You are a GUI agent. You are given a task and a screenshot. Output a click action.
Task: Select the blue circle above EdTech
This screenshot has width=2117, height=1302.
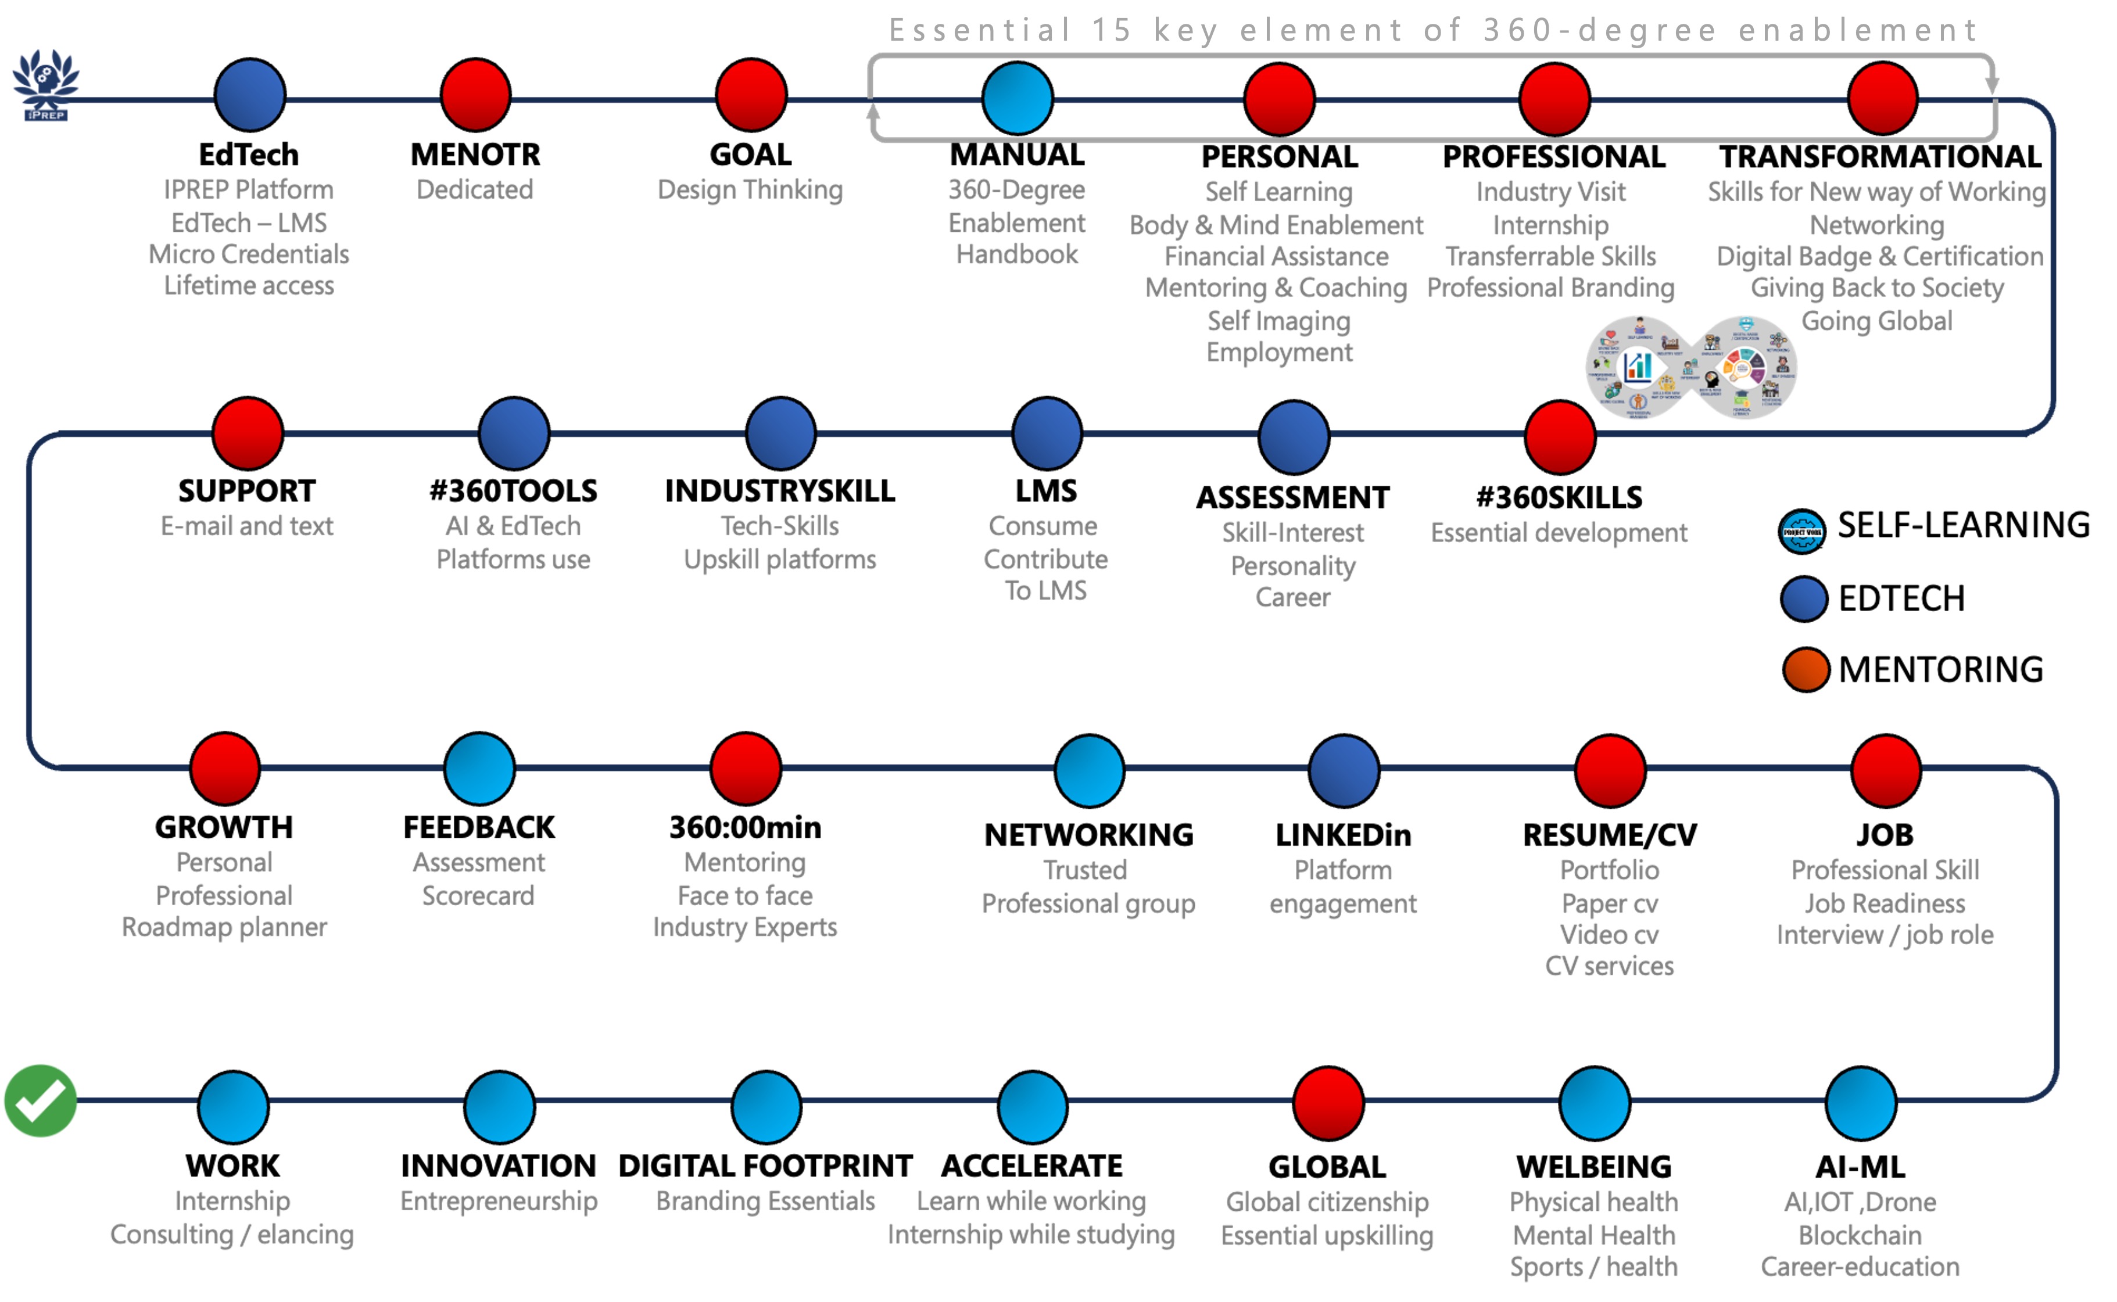250,95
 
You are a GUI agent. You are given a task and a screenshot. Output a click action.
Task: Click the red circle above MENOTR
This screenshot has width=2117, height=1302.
475,95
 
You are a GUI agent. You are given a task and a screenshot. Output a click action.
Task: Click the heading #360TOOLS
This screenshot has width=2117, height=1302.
513,491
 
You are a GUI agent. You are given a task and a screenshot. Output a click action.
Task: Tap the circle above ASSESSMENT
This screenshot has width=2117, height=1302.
1293,436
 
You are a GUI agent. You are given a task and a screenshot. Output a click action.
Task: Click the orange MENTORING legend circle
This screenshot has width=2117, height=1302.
1805,670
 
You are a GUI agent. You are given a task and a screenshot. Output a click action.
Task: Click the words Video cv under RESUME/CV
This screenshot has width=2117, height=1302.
1609,934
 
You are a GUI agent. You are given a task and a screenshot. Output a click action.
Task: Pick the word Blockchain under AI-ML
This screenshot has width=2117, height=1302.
1860,1235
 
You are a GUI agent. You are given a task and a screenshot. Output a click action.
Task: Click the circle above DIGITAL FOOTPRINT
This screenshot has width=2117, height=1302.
766,1106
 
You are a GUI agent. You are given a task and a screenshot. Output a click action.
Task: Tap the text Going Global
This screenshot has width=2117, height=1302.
1876,321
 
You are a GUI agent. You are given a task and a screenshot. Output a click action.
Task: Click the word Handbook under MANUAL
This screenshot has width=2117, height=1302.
1017,254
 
